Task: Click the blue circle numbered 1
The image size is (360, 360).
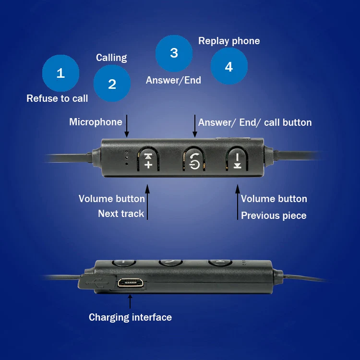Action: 60,73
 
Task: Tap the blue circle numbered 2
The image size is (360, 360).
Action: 112,84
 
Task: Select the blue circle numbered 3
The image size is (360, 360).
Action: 174,53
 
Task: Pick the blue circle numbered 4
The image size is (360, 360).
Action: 229,67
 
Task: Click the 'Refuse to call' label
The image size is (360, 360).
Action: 57,98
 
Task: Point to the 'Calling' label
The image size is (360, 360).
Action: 111,58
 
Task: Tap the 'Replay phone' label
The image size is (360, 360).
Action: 229,41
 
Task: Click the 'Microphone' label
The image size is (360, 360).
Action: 96,122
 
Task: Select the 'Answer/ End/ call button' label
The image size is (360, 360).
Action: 255,122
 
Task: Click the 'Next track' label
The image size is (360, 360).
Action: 121,214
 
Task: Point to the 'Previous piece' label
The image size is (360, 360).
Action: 274,216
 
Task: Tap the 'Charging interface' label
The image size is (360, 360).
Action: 130,317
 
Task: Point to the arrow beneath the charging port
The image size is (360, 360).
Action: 130,301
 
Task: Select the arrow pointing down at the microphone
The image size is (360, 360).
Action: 127,126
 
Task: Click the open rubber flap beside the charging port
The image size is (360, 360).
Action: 96,281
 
